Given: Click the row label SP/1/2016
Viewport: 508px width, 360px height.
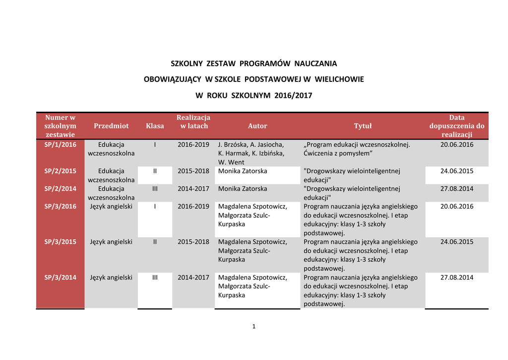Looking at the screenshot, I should point(60,145).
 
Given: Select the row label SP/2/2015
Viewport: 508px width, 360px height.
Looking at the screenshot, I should point(60,171).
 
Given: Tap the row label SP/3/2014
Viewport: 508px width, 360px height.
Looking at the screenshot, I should point(60,278).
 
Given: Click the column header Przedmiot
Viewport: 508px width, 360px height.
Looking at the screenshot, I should point(111,126).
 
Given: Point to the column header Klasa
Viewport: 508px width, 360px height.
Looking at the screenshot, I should point(155,126).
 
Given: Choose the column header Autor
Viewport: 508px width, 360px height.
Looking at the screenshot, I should point(257,126).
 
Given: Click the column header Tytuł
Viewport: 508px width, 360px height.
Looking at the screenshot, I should point(363,126).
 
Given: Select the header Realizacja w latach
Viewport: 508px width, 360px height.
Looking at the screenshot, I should point(193,122).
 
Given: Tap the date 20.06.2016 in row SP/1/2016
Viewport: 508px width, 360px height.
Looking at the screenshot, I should point(456,145).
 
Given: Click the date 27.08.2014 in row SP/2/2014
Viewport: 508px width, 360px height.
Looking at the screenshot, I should point(456,189).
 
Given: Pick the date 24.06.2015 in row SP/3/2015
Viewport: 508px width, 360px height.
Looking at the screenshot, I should point(456,242).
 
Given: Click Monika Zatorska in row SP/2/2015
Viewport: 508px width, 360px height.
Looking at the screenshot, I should point(243,171).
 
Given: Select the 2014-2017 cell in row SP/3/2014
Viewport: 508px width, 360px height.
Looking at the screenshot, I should point(193,278).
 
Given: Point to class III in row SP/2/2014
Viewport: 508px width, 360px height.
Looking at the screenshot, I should point(155,189).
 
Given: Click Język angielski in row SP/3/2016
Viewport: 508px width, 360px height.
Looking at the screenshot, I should point(111,207).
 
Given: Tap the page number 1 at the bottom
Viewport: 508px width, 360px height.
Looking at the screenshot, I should point(254,326).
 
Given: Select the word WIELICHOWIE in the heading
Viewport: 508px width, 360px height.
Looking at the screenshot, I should point(339,79).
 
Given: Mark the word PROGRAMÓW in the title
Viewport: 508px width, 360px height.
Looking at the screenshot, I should point(265,64).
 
